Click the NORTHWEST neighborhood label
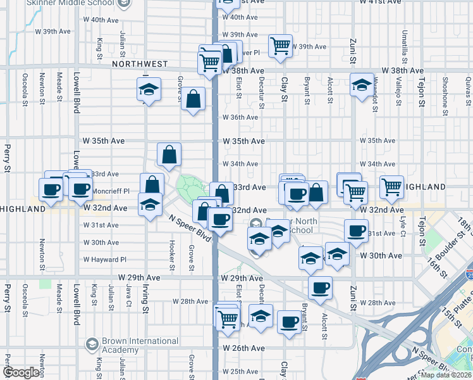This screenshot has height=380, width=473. pos(140,64)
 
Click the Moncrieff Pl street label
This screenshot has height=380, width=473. pos(111,191)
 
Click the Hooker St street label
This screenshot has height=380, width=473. pos(172,255)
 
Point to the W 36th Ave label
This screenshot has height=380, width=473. pos(239,117)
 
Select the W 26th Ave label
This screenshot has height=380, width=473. pos(243,348)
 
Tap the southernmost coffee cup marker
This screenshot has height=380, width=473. pos(290,322)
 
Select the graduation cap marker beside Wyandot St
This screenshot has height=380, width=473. pos(362,85)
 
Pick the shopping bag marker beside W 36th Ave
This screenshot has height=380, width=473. pos(193,99)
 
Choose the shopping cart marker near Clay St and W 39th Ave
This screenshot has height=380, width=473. pos(280,46)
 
